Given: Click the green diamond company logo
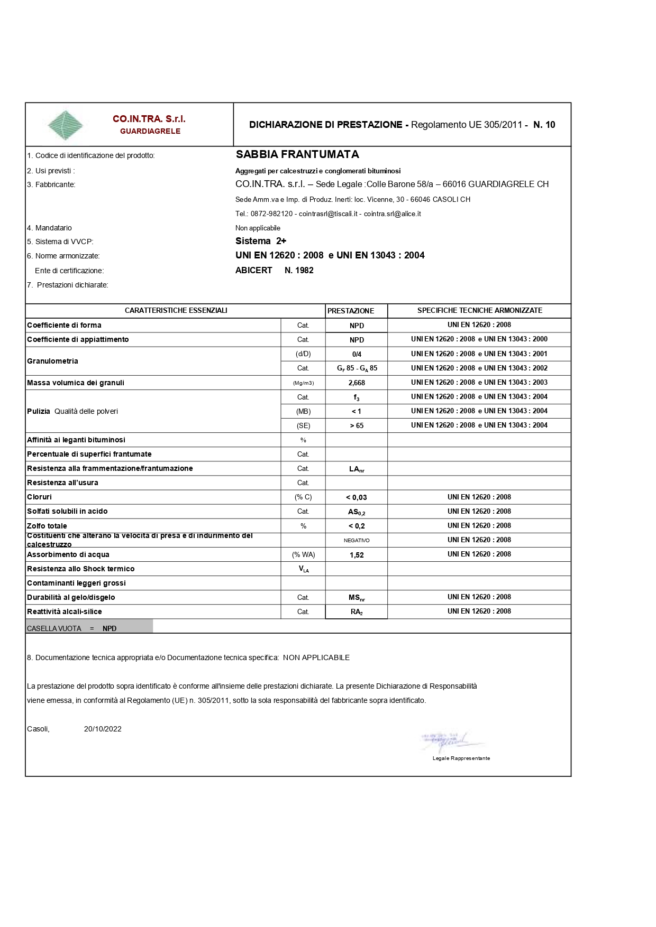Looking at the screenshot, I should click(65, 125).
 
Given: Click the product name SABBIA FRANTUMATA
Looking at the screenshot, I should click(297, 154).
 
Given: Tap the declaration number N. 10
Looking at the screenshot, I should click(544, 125).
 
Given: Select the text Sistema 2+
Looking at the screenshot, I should click(261, 241).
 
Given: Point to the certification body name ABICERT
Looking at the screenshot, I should click(254, 270).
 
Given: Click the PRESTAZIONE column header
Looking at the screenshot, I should click(351, 311).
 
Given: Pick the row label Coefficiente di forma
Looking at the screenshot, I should click(64, 325).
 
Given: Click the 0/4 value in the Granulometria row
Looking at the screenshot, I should click(357, 354).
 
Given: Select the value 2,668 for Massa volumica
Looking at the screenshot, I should click(357, 383).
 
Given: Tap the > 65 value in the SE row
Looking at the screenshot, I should click(357, 425).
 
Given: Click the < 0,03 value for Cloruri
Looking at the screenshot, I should click(357, 497).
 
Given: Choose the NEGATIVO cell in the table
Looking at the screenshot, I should click(357, 540).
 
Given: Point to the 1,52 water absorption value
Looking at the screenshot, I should click(357, 555).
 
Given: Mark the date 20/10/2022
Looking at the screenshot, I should click(103, 729).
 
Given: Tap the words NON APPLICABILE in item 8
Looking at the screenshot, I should click(316, 657).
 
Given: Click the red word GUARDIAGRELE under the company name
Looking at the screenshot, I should click(150, 131).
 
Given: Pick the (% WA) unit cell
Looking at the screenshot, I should click(303, 554).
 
